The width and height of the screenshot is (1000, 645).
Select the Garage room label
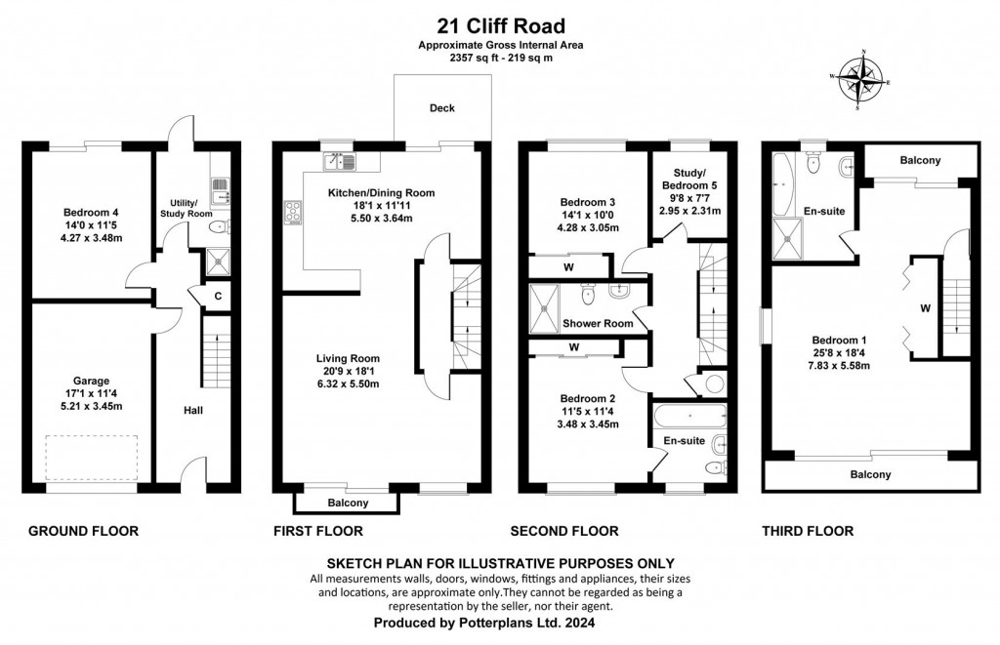pyautogui.click(x=90, y=381)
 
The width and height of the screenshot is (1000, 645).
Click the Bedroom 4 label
pyautogui.click(x=91, y=213)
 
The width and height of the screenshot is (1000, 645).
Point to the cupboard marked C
pyautogui.click(x=218, y=297)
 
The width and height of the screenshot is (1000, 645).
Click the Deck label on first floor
pyautogui.click(x=442, y=108)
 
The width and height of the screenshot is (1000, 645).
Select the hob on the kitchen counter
pyautogui.click(x=292, y=212)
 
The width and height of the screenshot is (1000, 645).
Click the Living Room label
pyautogui.click(x=347, y=358)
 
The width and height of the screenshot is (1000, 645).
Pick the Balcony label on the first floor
pyautogui.click(x=347, y=504)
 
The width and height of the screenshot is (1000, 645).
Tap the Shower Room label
pyautogui.click(x=598, y=323)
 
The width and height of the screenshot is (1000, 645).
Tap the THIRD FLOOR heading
pyautogui.click(x=807, y=532)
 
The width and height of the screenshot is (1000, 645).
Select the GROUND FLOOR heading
pyautogui.click(x=83, y=532)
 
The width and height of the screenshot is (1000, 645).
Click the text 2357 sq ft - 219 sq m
pyautogui.click(x=499, y=58)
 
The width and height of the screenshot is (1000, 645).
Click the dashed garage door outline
pyautogui.click(x=90, y=459)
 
